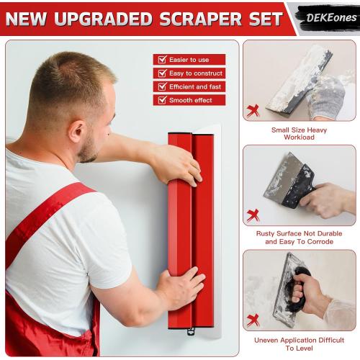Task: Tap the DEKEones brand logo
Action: coord(325,17)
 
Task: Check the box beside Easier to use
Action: coord(162,60)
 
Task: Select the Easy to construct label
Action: coord(197,73)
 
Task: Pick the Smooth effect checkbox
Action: coord(162,100)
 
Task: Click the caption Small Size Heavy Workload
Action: coord(300,133)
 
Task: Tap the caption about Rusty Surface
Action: coord(300,238)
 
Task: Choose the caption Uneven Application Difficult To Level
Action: coord(300,343)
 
